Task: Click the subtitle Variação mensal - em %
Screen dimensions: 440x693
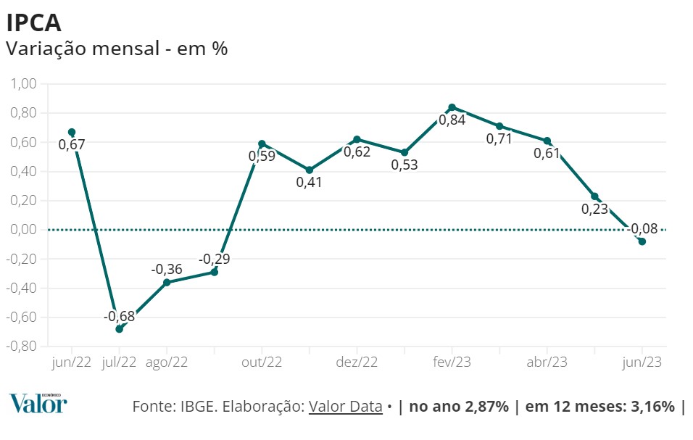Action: [x=117, y=49]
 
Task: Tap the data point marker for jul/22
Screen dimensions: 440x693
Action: [x=119, y=328]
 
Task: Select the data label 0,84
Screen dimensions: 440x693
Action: [x=452, y=120]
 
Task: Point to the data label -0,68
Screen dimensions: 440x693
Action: [x=119, y=316]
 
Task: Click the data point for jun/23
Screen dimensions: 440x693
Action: [x=642, y=241]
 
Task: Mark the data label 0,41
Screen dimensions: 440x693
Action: [x=309, y=182]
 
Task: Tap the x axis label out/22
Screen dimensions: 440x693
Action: [x=262, y=362]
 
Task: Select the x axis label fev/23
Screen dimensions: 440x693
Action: [x=452, y=362]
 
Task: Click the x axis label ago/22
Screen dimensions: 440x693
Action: [x=167, y=362]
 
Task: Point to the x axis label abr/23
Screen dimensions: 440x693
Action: [x=547, y=362]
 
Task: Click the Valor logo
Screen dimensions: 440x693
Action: [x=38, y=403]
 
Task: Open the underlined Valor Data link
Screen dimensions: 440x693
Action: [x=345, y=406]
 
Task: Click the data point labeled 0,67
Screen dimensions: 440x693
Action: [x=72, y=132]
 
